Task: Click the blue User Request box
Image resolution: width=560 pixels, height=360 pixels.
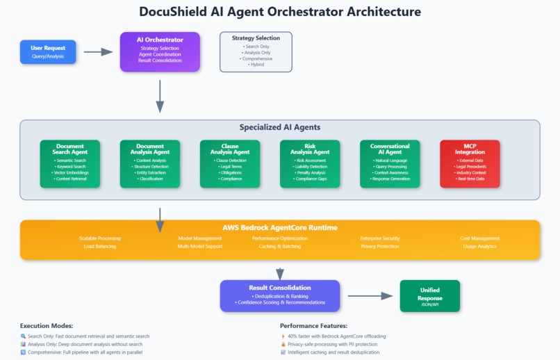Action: [x=48, y=52]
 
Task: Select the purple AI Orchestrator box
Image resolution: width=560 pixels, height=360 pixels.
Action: [x=160, y=51]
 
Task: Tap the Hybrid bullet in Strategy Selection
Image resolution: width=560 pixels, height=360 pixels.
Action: [x=256, y=65]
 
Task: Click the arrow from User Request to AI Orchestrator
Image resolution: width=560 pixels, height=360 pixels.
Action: [x=97, y=52]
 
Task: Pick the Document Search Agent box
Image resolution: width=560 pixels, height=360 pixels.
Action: [x=69, y=164]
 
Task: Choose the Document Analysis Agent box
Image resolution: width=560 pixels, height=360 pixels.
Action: [x=149, y=164]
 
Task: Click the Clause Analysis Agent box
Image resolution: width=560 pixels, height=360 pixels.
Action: [x=230, y=164]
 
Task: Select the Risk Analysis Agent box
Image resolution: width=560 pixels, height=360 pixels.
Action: [x=310, y=164]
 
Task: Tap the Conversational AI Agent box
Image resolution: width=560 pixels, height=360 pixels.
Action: [x=390, y=164]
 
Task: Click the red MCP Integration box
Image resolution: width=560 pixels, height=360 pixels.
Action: [x=470, y=164]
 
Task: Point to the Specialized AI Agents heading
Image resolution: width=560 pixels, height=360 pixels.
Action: [x=280, y=128]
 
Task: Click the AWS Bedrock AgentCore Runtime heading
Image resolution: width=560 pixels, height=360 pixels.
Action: [x=280, y=227]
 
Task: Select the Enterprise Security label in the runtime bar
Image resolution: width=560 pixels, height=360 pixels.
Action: [x=380, y=238]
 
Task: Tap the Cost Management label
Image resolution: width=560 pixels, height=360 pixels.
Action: [x=479, y=238]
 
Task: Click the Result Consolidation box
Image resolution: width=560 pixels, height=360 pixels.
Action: [x=280, y=295]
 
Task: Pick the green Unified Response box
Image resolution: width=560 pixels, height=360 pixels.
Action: [x=429, y=295]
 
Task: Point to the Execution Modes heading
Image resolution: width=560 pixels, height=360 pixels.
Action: [x=47, y=325]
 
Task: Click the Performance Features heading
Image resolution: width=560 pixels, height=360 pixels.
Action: [x=313, y=325]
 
